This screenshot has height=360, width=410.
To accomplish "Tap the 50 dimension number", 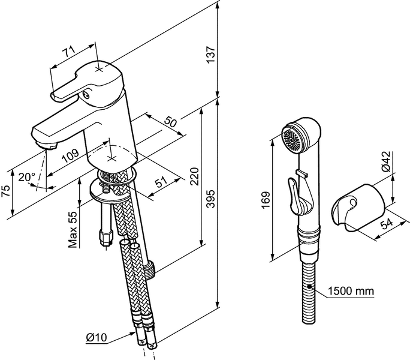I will tap(171, 123).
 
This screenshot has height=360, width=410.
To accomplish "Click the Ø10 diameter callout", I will tap(97, 337).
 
